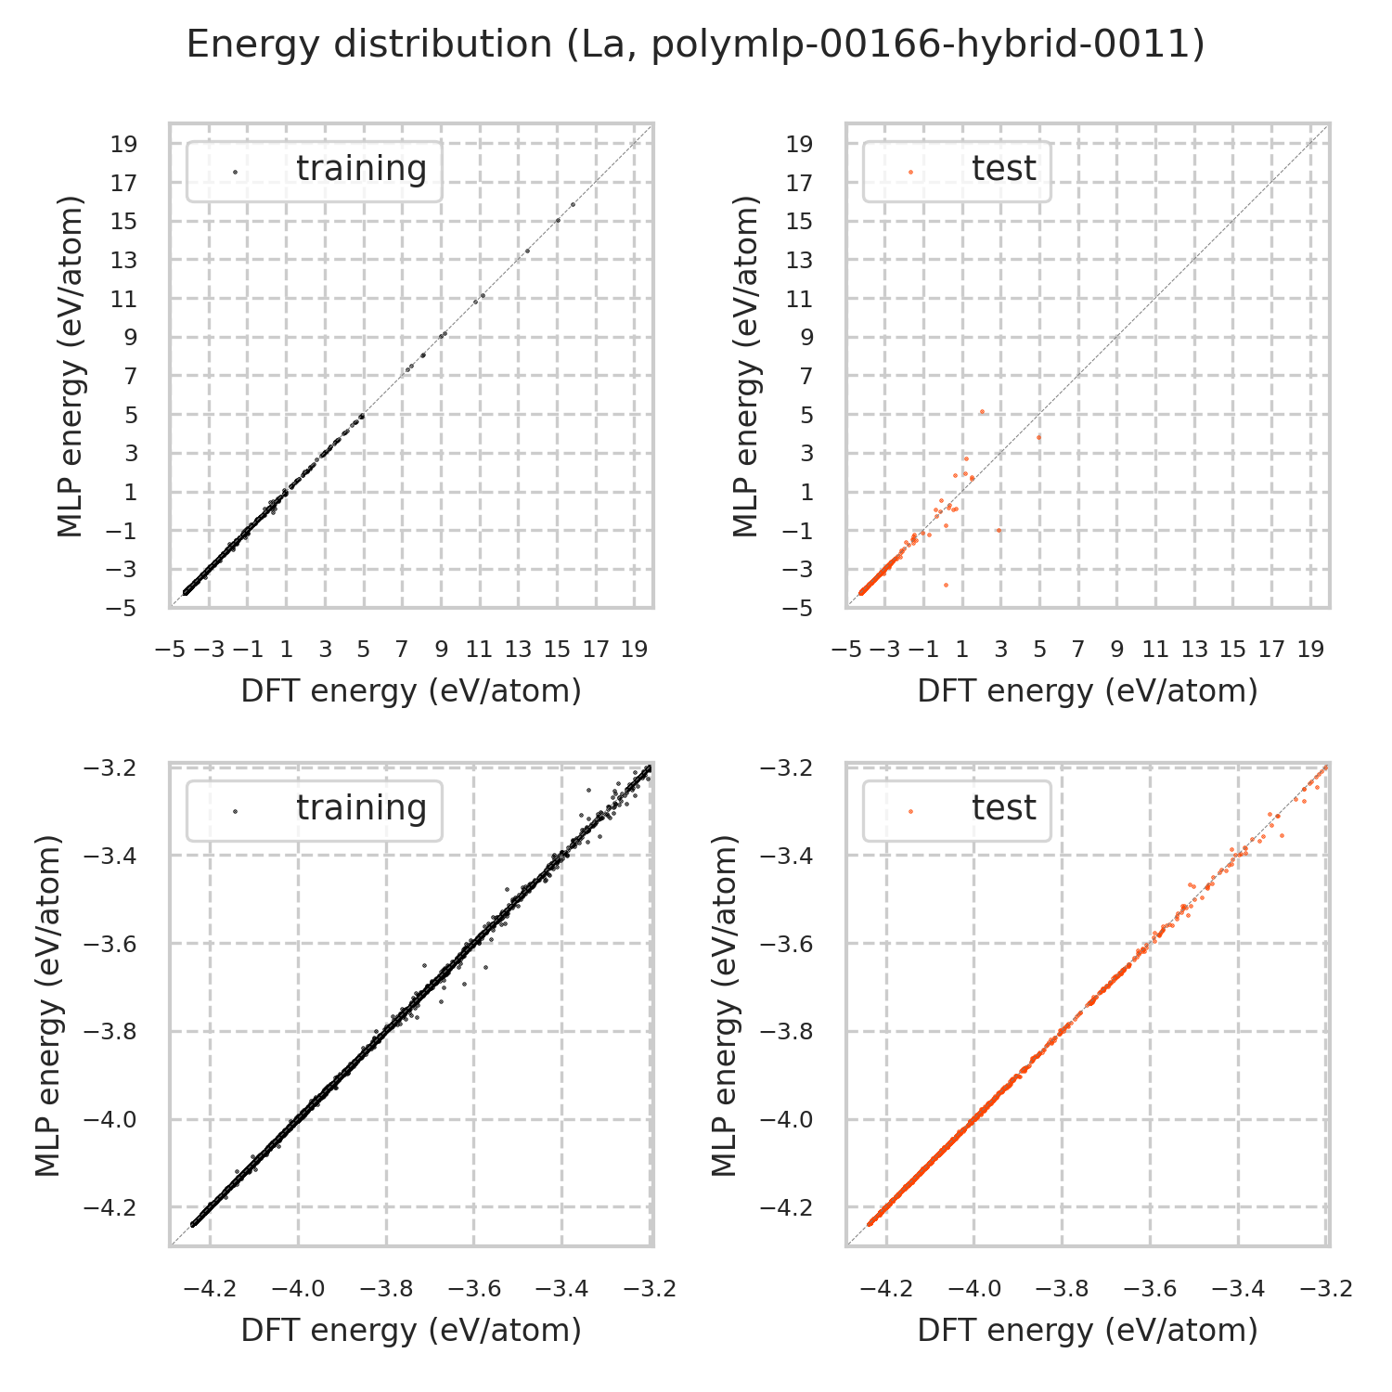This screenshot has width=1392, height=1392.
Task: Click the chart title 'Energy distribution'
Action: [x=695, y=45]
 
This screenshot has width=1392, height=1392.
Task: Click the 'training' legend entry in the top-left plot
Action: [x=361, y=169]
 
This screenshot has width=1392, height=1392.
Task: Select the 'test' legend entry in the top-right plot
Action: [x=1003, y=169]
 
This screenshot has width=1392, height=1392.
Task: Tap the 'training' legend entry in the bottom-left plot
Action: [x=361, y=808]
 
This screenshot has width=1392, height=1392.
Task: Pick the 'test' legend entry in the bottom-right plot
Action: [x=1003, y=808]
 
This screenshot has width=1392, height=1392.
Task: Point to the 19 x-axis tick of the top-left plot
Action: [x=634, y=650]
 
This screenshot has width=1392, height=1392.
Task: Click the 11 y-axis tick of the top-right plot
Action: [x=801, y=299]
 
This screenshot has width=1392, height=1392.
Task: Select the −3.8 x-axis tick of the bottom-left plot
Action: [x=387, y=1289]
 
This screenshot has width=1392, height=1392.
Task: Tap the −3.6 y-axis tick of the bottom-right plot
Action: [x=786, y=944]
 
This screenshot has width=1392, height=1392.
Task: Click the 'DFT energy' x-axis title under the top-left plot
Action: [x=411, y=691]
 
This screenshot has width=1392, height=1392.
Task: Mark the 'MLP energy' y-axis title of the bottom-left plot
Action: [x=48, y=1006]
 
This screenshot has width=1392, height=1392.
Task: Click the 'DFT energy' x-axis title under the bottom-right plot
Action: [x=1087, y=1331]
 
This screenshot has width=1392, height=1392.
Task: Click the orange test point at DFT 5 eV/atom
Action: [x=1039, y=437]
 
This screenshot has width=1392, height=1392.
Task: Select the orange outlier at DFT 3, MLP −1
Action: [x=999, y=530]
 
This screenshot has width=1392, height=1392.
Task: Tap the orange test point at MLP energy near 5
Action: [x=982, y=411]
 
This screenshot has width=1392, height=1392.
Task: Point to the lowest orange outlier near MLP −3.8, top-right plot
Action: [x=946, y=585]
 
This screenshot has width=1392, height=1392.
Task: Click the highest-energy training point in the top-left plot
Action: [x=573, y=204]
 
